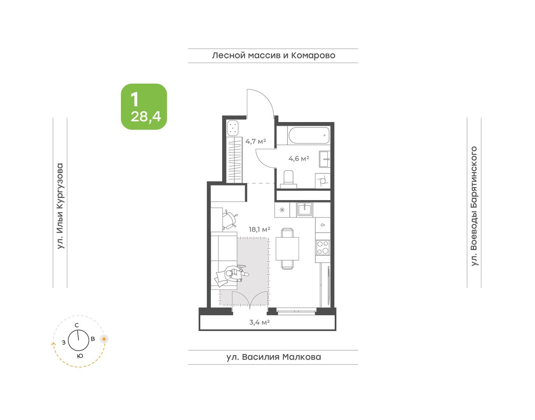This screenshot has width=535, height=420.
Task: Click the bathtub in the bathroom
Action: pyautogui.click(x=309, y=135)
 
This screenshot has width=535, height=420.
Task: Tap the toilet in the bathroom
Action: pyautogui.click(x=288, y=179)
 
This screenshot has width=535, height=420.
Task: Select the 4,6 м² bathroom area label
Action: pyautogui.click(x=299, y=159)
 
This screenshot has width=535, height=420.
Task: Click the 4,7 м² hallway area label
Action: pyautogui.click(x=255, y=141)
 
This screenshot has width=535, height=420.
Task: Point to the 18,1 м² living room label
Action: pyautogui.click(x=259, y=229)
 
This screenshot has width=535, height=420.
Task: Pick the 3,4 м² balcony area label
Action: pyautogui.click(x=259, y=322)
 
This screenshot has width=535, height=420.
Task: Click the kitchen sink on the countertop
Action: pyautogui.click(x=305, y=210)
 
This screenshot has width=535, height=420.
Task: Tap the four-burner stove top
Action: pyautogui.click(x=323, y=247)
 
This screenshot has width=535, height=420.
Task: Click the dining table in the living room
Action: pyautogui.click(x=287, y=248)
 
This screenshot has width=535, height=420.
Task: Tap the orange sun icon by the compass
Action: pyautogui.click(x=104, y=339)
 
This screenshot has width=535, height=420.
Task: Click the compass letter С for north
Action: pyautogui.click(x=77, y=325)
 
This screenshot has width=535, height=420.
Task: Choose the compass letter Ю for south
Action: pyautogui.click(x=80, y=356)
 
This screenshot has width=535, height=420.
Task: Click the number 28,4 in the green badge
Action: pyautogui.click(x=146, y=116)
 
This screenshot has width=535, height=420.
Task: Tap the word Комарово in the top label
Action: pyautogui.click(x=313, y=55)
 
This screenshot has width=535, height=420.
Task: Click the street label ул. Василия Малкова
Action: pyautogui.click(x=274, y=357)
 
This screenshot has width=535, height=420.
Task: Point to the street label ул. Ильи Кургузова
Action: pyautogui.click(x=60, y=206)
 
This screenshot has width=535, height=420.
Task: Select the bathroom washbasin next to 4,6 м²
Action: pyautogui.click(x=325, y=159)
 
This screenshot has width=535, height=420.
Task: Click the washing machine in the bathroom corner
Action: pyautogui.click(x=323, y=181)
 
